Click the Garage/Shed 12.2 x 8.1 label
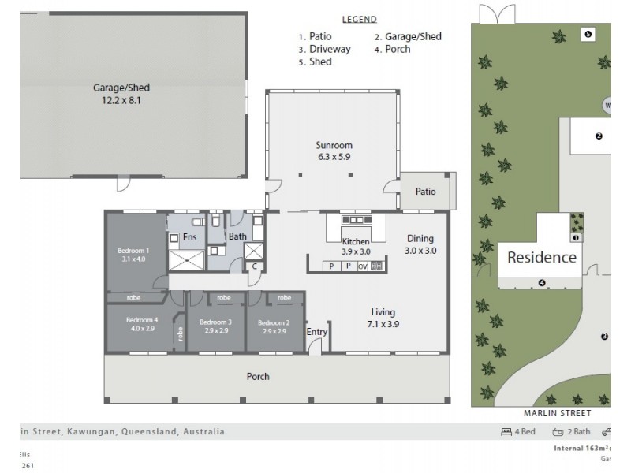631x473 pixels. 121,95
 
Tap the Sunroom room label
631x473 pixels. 334,151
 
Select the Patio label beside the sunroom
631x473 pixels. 426,192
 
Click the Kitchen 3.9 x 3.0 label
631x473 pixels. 355,247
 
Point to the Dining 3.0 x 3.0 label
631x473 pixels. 420,244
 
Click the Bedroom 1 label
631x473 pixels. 133,255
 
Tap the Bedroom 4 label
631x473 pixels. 142,324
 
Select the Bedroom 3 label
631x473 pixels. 215,326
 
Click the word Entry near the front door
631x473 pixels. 317,332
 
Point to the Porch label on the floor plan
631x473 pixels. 258,377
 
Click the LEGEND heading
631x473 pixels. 359,20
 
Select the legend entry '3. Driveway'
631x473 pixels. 324,49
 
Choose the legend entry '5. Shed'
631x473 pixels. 315,61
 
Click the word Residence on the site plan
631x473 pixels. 541,257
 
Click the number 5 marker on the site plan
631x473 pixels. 588,34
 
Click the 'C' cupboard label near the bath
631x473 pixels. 253,266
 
